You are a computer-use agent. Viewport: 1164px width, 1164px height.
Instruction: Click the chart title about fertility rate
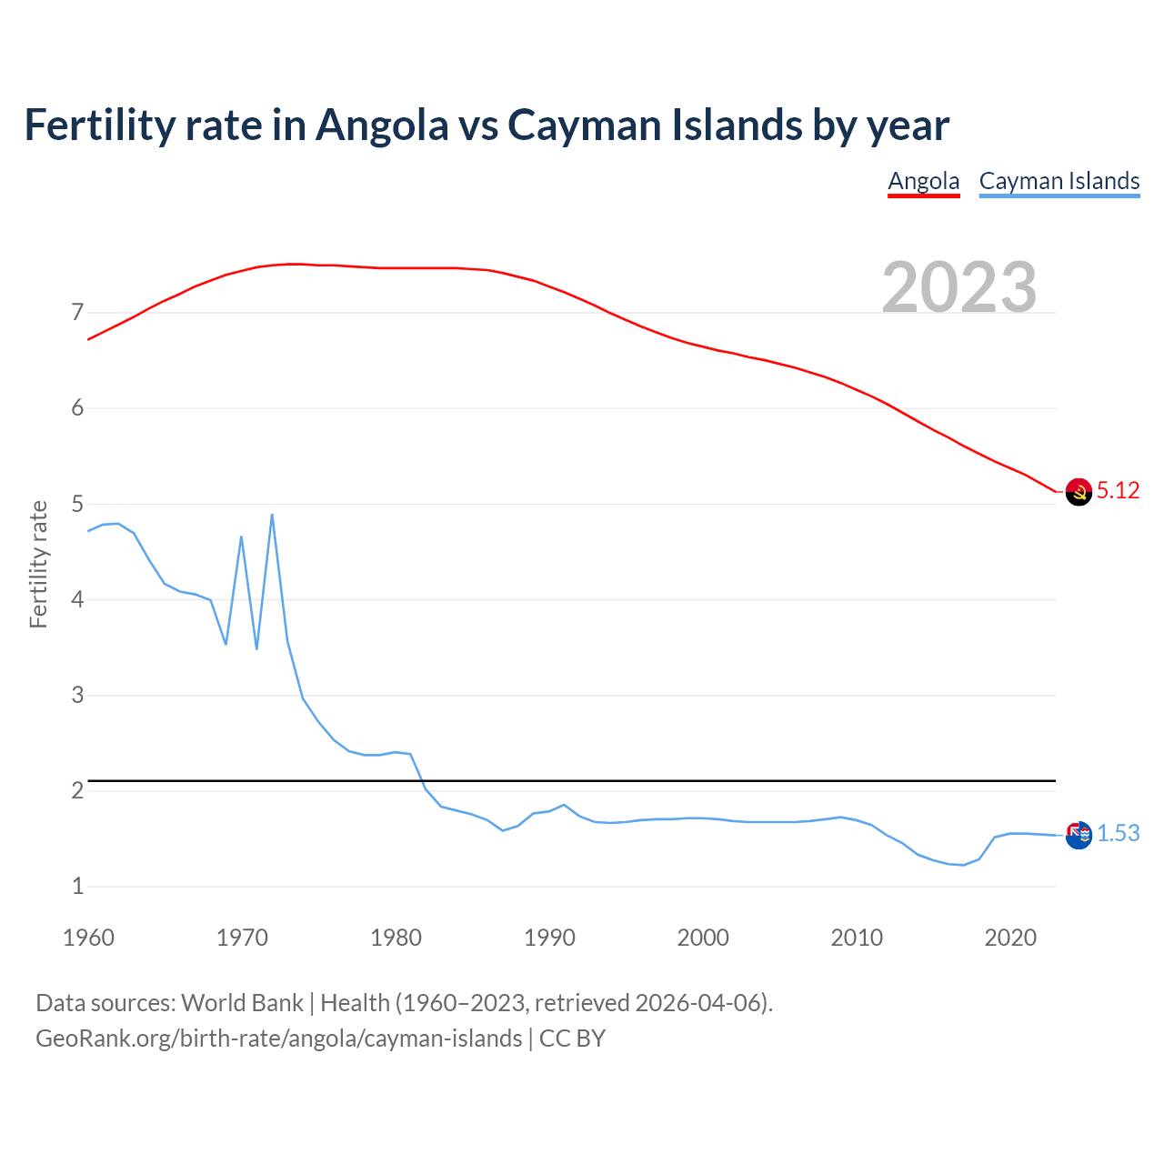pos(487,125)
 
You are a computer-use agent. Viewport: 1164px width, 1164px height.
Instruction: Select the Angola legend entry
pos(923,181)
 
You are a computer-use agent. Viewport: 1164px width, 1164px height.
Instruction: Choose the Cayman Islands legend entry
pos(1059,181)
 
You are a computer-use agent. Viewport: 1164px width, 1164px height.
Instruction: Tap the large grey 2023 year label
pos(959,287)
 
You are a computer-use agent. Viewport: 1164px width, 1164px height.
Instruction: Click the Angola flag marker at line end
pos(1078,492)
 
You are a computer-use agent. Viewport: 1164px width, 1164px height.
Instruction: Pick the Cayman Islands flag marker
pos(1078,835)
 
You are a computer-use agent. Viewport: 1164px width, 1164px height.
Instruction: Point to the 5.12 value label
pos(1118,491)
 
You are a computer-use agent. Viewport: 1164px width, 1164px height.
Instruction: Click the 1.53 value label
pos(1118,834)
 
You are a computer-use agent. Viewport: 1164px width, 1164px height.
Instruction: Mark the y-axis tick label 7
pos(77,313)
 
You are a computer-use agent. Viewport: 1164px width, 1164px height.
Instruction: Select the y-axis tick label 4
pos(77,600)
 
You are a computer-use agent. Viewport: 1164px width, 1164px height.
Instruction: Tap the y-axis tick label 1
pos(77,887)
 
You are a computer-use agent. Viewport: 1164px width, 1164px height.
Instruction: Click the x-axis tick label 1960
pos(88,938)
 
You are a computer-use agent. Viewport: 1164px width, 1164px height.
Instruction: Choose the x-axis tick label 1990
pos(549,938)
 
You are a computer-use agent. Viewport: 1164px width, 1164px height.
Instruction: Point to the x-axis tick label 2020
pos(1010,938)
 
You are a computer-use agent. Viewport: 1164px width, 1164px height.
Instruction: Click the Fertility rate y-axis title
pos(38,564)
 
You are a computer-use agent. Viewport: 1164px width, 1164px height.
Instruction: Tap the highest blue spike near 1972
pos(272,516)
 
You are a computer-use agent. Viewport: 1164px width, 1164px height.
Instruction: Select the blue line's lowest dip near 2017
pos(964,865)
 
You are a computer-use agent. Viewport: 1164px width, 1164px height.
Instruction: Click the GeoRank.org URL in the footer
pos(278,1039)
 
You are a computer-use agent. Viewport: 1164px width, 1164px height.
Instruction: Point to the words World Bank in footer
pos(242,1003)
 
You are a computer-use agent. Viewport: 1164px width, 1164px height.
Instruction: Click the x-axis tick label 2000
pos(703,938)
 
